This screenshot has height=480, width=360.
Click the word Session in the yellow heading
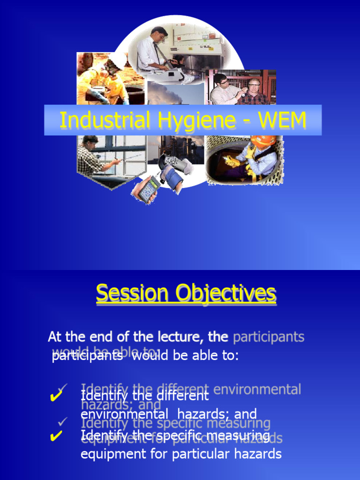132,293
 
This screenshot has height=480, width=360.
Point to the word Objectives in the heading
226,294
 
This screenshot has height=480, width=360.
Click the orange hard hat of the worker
263,141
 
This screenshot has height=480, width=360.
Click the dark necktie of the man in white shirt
160,54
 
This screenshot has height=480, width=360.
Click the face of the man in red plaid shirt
254,87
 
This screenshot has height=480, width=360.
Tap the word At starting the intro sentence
54,337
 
